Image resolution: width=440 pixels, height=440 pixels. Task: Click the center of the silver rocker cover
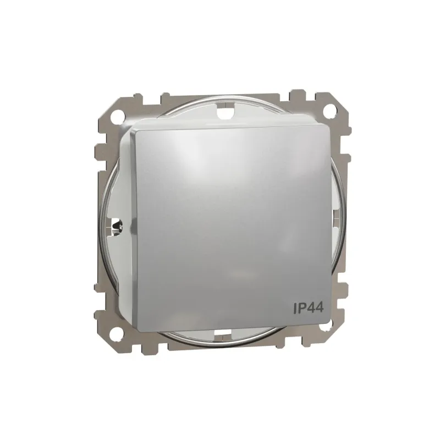click(x=231, y=223)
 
